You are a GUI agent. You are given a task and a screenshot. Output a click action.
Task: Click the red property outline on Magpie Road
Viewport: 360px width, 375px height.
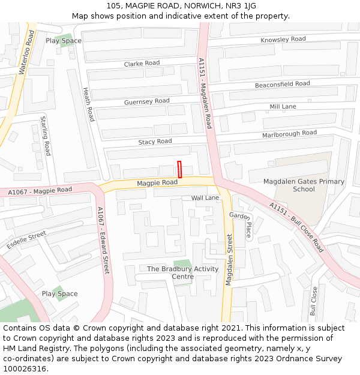click(x=179, y=169)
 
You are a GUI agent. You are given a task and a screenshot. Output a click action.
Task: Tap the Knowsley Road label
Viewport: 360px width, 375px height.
click(x=283, y=40)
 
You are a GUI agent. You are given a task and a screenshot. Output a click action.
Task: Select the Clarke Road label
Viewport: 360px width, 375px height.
click(x=142, y=63)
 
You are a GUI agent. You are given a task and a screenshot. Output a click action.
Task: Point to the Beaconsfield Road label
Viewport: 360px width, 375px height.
click(x=282, y=85)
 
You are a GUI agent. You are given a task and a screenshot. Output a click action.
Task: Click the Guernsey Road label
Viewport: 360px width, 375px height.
click(x=146, y=101)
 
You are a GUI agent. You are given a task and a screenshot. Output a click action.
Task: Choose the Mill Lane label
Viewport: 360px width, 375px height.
click(x=283, y=106)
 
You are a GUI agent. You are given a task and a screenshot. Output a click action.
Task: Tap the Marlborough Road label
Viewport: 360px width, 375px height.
click(x=289, y=134)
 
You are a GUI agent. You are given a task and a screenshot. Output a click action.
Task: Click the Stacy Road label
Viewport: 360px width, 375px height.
click(x=155, y=142)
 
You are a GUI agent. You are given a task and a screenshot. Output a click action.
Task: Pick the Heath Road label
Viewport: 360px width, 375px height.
click(x=88, y=103)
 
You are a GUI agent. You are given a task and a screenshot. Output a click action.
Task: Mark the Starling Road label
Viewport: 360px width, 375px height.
click(x=46, y=136)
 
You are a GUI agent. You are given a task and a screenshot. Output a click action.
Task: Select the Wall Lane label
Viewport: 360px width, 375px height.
click(x=205, y=197)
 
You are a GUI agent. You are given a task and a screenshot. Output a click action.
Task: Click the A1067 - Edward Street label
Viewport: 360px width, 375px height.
click(x=103, y=240)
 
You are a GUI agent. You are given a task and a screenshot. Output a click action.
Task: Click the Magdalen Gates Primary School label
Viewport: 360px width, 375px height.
click(x=304, y=185)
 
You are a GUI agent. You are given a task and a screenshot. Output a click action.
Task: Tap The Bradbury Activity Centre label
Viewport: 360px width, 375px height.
click(x=182, y=272)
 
